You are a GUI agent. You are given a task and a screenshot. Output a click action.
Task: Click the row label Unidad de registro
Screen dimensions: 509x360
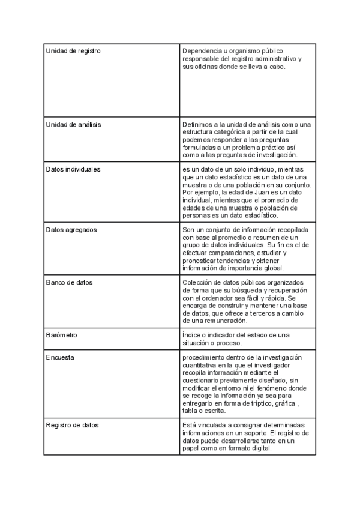[x=73, y=51]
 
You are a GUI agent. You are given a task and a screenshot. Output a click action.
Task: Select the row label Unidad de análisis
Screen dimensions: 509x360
[x=73, y=124]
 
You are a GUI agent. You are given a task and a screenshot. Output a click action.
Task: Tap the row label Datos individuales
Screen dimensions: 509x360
[x=73, y=169]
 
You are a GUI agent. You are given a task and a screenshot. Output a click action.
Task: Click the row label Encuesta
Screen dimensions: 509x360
[x=61, y=358]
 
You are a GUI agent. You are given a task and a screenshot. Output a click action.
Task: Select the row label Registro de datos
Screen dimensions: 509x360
[x=73, y=425]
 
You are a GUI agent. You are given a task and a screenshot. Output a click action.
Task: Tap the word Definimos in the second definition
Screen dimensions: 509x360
[x=198, y=124]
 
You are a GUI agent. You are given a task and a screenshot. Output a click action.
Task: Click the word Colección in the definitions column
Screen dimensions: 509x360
[x=197, y=283]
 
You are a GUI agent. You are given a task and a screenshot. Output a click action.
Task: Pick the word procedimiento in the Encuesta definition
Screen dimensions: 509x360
[x=204, y=358]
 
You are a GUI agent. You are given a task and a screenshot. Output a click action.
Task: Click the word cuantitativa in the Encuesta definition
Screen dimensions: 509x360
[x=201, y=366]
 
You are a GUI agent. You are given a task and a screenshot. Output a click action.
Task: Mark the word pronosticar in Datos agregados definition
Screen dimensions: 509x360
[x=202, y=261]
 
